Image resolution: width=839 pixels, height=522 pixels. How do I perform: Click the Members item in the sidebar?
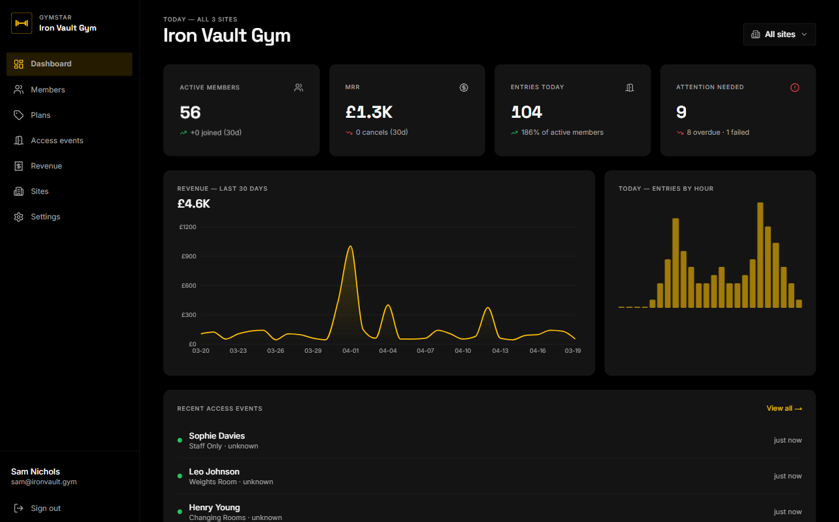[48, 90]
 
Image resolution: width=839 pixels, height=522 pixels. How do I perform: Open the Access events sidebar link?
[57, 141]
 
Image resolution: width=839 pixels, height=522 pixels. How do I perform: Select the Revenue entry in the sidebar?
[46, 166]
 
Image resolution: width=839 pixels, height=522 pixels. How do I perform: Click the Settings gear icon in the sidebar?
[19, 217]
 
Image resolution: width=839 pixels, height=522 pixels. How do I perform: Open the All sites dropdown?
[779, 34]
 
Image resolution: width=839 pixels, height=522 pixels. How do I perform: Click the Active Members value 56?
[190, 113]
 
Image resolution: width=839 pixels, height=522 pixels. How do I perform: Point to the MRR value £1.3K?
[368, 113]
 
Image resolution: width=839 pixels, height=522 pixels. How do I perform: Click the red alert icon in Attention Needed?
[795, 87]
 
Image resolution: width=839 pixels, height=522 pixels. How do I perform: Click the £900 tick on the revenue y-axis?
[188, 256]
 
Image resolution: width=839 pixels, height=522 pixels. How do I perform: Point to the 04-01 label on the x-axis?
[350, 351]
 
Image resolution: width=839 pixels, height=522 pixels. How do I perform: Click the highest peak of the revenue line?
[350, 246]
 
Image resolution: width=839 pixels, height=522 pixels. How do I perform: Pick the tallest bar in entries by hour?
[760, 254]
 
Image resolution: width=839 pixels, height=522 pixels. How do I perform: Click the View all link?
[784, 409]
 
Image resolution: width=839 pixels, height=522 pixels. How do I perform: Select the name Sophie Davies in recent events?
[217, 436]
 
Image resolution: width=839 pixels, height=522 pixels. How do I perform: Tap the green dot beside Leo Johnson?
[180, 476]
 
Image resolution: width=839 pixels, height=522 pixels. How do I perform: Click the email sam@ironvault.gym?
[44, 482]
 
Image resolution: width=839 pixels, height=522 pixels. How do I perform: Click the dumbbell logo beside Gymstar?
[21, 23]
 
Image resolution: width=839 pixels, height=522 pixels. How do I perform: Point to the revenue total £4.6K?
[193, 204]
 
